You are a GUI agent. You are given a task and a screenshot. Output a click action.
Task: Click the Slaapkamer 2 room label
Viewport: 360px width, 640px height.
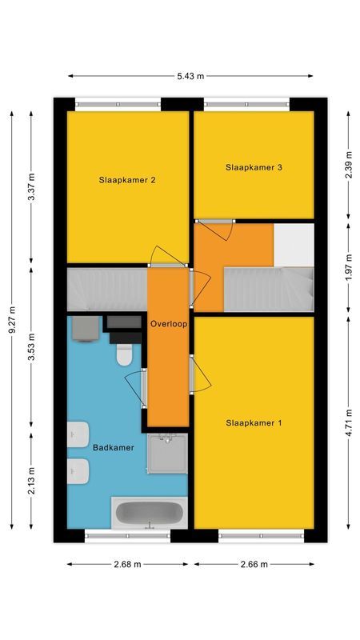(x=127, y=180)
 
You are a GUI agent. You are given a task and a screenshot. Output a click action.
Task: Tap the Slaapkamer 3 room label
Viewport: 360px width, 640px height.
(x=254, y=167)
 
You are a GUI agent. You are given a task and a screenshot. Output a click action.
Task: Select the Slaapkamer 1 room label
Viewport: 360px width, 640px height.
(x=254, y=422)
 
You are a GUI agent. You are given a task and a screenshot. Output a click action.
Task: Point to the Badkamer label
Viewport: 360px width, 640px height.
(x=113, y=447)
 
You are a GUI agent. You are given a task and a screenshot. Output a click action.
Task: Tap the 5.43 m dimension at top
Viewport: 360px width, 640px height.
(x=190, y=76)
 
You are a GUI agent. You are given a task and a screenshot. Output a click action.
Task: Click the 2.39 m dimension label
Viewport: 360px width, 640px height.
(x=349, y=166)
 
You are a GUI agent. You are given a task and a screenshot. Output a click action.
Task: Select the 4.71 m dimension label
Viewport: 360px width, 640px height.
(x=349, y=422)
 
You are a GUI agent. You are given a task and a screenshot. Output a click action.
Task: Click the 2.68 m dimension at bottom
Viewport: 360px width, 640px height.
(x=127, y=564)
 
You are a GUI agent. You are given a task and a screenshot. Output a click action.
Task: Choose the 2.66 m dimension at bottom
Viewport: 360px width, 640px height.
(x=254, y=564)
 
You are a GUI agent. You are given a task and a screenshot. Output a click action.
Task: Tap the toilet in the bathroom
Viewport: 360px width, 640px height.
(x=125, y=354)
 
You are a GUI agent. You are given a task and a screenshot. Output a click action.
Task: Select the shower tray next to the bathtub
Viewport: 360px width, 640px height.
(x=167, y=454)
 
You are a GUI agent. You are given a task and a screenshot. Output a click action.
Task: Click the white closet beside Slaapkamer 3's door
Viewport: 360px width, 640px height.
(x=294, y=243)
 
